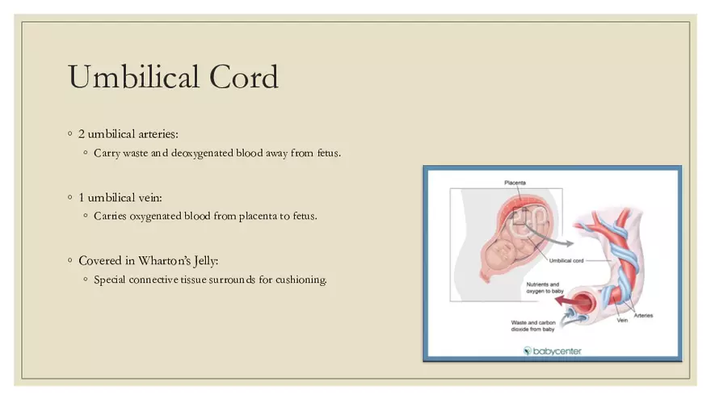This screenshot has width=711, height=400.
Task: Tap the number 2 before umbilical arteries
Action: coord(82,133)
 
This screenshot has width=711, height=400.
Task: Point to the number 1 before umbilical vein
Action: coord(82,197)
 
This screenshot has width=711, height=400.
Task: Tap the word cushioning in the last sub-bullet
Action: coord(302,280)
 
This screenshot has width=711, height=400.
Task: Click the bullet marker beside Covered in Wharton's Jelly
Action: coord(69,261)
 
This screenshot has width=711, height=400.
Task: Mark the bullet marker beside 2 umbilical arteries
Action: coord(69,133)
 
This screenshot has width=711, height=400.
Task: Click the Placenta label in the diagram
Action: coord(515,183)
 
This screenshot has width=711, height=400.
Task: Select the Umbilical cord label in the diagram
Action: coord(566,261)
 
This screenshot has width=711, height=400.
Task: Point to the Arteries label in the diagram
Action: coord(643,314)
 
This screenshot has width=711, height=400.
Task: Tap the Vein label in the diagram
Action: coord(623,320)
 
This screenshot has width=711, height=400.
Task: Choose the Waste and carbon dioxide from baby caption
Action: coord(533,326)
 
